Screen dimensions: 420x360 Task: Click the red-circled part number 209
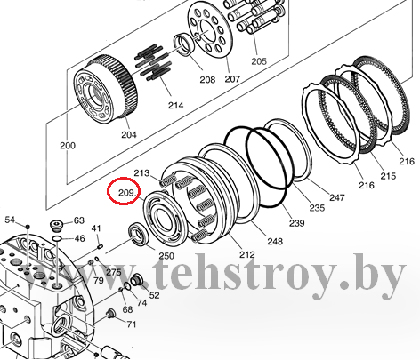(126, 193)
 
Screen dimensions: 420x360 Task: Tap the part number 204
(129, 134)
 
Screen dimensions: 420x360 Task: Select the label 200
(68, 146)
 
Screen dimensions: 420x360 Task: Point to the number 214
(175, 105)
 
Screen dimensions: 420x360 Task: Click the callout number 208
(207, 79)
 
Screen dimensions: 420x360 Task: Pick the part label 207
(232, 79)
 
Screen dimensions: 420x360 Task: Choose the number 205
(259, 61)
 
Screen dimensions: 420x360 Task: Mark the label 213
(141, 172)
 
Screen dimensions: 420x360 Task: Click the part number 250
(166, 256)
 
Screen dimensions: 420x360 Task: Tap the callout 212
(247, 254)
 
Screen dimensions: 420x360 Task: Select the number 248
(275, 241)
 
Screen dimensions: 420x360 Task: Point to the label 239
(297, 223)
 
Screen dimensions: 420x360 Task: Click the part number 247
(337, 197)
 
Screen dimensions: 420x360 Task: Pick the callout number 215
(388, 176)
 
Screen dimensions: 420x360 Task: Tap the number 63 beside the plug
(79, 220)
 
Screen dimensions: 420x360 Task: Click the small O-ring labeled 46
(56, 238)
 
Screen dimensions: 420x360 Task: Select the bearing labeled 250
(138, 234)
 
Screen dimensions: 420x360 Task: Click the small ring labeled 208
(184, 44)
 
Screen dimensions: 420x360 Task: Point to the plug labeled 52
(136, 279)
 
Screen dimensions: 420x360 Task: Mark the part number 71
(132, 324)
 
